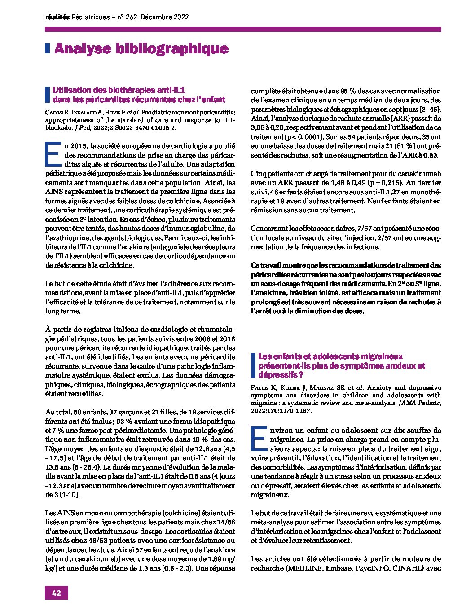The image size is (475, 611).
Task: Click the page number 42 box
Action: point(56,593)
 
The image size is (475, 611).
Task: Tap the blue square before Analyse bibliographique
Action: point(47,48)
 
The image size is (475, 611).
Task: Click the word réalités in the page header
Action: point(57,17)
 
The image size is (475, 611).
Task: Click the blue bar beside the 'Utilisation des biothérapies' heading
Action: point(47,95)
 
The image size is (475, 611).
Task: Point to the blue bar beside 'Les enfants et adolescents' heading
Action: point(253,365)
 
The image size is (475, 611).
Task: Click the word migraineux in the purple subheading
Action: point(371,356)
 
